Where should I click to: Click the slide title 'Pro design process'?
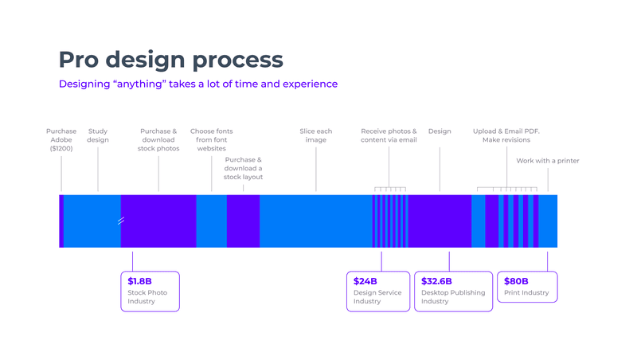tap(170, 59)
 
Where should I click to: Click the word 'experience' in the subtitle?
tap(308, 84)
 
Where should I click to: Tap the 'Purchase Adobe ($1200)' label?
tap(61, 139)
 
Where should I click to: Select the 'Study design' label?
tap(98, 135)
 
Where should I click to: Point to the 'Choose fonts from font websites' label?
tap(211, 139)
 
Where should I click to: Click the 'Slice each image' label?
tap(316, 135)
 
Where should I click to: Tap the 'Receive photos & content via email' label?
tap(389, 135)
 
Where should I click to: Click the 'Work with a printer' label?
tap(548, 161)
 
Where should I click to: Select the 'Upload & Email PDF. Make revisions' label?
tap(506, 135)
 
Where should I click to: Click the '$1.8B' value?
tap(139, 281)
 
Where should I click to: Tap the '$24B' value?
tap(365, 281)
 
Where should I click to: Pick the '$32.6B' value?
tap(436, 281)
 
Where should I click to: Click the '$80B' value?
tap(516, 281)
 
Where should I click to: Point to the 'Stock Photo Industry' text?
tap(147, 297)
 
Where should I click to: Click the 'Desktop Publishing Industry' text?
tap(452, 297)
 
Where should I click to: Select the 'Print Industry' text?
tap(526, 293)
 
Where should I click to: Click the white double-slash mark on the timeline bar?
tap(121, 221)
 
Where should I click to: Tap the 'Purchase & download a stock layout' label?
tap(243, 168)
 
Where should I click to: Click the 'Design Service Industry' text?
tap(377, 297)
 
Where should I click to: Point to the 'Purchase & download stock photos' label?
tap(158, 139)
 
